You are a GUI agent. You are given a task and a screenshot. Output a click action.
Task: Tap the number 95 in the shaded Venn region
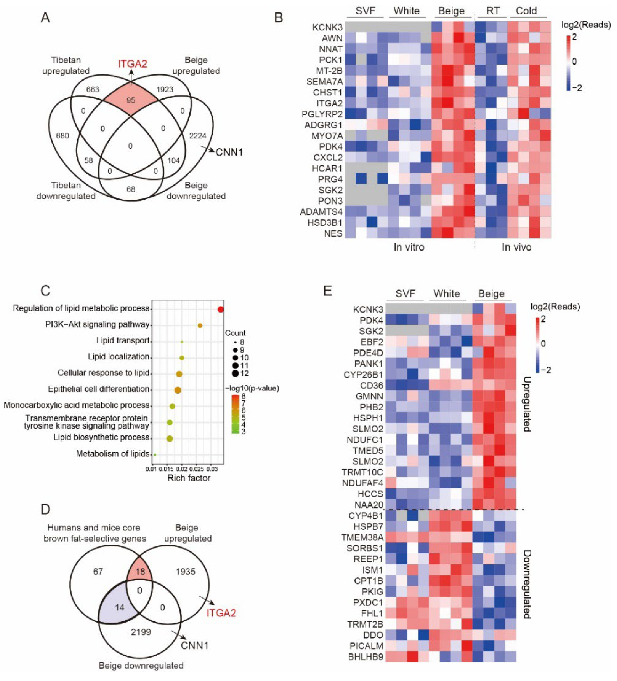click(x=130, y=100)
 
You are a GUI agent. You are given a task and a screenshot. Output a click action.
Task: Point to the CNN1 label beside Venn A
click(x=229, y=153)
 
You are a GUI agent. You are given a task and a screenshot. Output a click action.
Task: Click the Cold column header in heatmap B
click(x=526, y=11)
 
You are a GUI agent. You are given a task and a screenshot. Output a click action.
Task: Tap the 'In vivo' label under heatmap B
click(x=516, y=247)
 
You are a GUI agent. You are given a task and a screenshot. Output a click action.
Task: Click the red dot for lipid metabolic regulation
click(x=221, y=309)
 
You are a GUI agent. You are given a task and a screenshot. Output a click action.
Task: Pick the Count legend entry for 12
click(x=235, y=373)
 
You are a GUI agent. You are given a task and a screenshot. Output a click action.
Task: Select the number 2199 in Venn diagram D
click(x=141, y=632)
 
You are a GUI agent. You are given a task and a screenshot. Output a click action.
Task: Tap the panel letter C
click(x=45, y=291)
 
